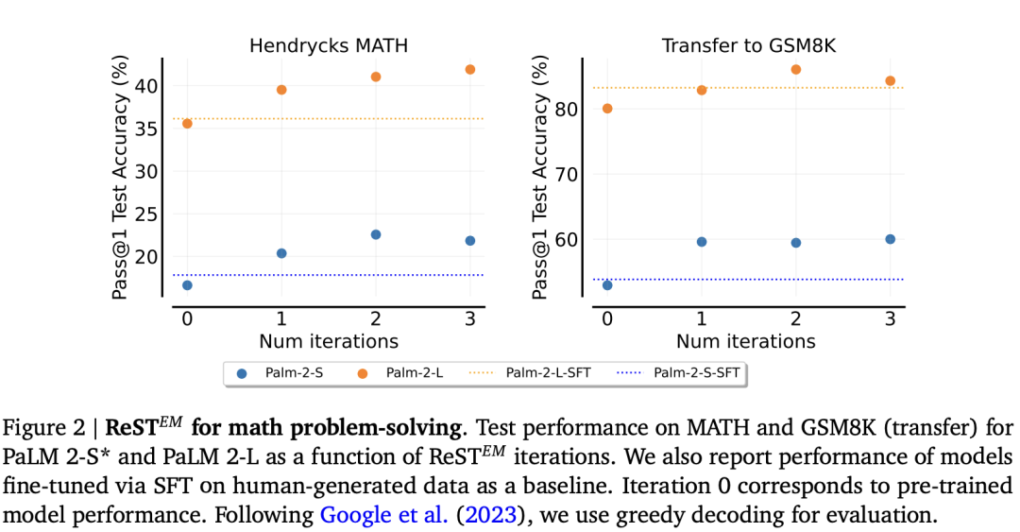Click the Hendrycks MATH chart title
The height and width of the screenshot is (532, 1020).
tap(329, 45)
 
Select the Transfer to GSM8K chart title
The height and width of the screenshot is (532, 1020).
tap(746, 45)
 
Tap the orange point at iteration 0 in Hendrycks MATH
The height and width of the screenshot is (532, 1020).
tap(187, 124)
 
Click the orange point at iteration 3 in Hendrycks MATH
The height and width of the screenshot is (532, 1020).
tap(469, 70)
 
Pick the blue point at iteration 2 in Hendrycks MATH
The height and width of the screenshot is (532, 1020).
tap(375, 234)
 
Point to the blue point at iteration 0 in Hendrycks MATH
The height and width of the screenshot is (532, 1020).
tap(187, 285)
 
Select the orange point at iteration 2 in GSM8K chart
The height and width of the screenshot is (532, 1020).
tap(795, 70)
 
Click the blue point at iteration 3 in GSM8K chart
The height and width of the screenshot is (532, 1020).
tap(890, 239)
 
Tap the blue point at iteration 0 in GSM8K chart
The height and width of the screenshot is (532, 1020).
tap(607, 285)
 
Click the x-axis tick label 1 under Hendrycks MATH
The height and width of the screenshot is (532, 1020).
tap(281, 318)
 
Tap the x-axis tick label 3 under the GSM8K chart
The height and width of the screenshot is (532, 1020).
tap(890, 318)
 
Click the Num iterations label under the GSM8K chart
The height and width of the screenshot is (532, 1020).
tap(746, 341)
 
